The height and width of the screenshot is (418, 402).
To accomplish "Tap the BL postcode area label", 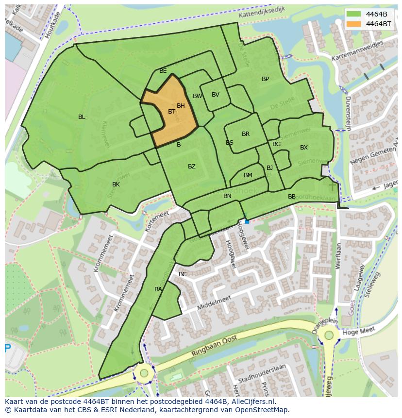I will [x=82, y=117].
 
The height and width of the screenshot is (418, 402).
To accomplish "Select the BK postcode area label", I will [x=116, y=184].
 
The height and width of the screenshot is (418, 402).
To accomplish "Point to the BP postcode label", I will [x=265, y=79].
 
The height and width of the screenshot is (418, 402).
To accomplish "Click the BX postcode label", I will [x=303, y=148].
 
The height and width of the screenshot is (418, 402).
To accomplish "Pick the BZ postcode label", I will [x=192, y=167].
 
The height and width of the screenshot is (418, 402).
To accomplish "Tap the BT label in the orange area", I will [x=171, y=112].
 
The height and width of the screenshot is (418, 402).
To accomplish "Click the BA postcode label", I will [x=158, y=289].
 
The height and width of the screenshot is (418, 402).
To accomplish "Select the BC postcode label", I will [x=183, y=274].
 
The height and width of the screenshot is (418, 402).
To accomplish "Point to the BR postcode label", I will [x=246, y=134].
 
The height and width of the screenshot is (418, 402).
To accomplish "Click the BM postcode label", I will [x=248, y=175].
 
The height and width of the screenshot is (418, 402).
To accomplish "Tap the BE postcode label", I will [x=163, y=71].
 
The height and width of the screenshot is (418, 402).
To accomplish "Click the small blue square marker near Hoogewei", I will [x=247, y=221].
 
